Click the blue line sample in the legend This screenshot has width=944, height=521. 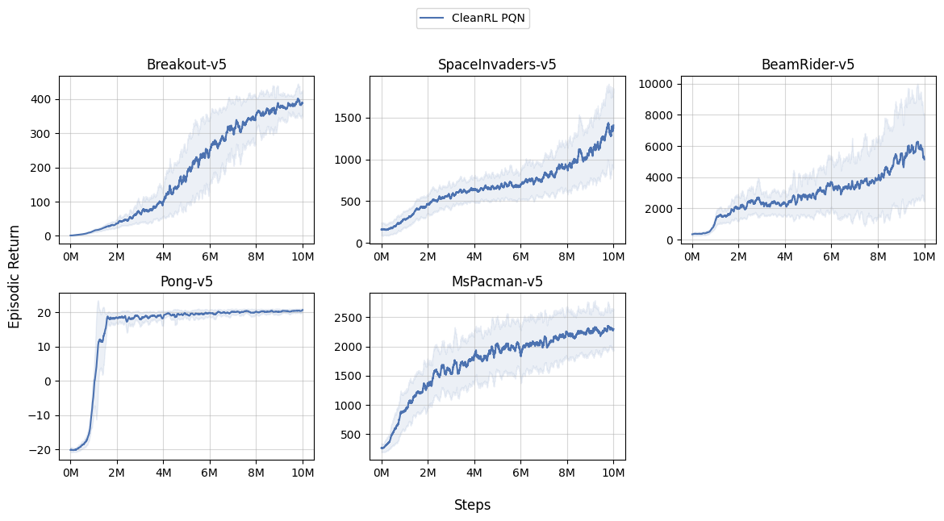432,18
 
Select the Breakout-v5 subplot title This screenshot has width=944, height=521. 186,65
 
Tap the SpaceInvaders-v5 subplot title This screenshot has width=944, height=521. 497,65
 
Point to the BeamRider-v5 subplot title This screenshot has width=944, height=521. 808,65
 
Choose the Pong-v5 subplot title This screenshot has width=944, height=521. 186,281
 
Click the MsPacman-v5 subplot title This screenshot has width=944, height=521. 497,281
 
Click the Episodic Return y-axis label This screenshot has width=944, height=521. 15,277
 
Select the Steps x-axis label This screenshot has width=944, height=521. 472,505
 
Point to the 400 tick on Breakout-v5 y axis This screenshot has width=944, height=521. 41,99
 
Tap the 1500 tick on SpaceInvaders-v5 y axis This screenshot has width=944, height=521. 349,118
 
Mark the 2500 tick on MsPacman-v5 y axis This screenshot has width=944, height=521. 349,318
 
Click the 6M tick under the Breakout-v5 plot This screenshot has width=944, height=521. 210,256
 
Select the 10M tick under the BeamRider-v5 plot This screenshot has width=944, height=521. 924,256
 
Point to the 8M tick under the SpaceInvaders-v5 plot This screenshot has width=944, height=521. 566,256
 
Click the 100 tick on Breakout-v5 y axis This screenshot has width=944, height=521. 41,202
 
